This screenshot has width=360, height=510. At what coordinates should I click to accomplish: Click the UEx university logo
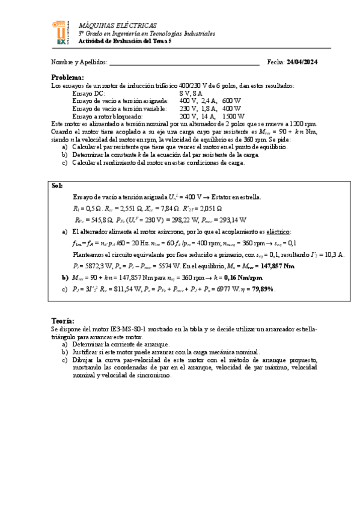[61, 34]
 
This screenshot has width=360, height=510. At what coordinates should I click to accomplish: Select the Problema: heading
[67, 78]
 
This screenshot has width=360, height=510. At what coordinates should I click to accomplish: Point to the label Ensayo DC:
[88, 93]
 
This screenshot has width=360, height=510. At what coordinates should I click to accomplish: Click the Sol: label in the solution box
[58, 186]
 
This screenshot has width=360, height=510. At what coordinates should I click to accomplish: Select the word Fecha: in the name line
[276, 62]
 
